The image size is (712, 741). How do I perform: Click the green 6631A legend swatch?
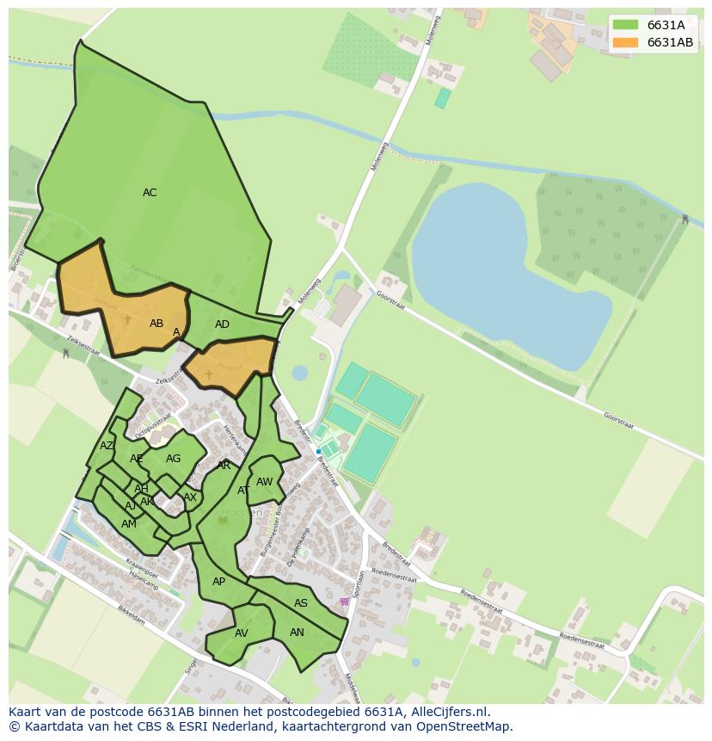tap(625, 25)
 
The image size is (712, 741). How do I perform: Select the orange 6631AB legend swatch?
tap(625, 42)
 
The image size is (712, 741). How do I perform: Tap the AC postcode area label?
tap(150, 193)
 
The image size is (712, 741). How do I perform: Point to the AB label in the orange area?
tap(157, 324)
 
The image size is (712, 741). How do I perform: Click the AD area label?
tap(222, 324)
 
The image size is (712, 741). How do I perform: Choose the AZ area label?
tap(107, 446)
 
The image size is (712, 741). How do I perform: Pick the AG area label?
tap(174, 459)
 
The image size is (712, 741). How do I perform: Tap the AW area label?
tap(264, 482)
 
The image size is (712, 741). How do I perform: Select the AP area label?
tap(218, 582)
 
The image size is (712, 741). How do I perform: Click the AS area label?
tap(301, 603)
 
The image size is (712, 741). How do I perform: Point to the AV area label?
tap(242, 633)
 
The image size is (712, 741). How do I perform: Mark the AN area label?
tap(297, 632)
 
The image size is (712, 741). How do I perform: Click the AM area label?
tap(129, 524)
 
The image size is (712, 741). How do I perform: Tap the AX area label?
tap(190, 497)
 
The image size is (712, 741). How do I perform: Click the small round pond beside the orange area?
tap(299, 373)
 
